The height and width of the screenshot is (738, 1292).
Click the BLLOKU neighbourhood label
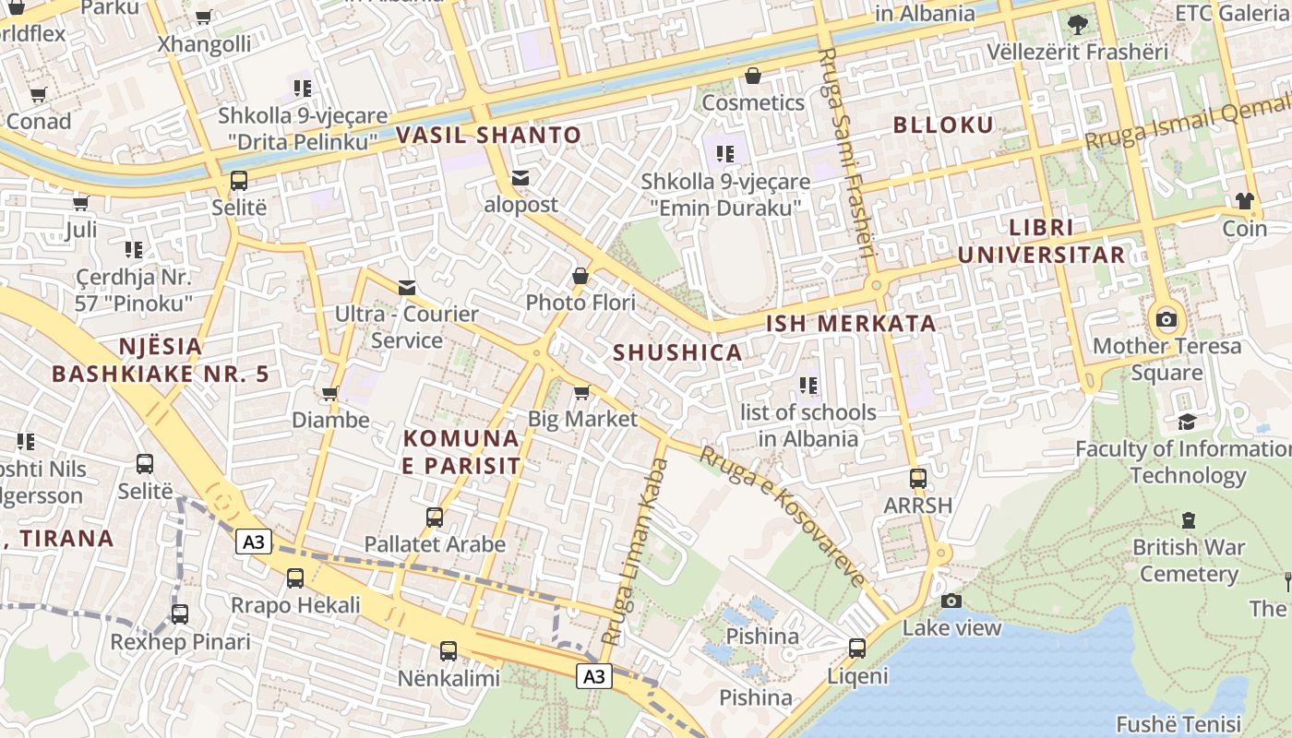pos(943,125)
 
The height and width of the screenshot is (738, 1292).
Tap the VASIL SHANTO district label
pos(489,136)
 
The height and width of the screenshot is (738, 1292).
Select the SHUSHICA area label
pos(677,352)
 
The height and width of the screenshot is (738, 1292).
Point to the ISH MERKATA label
pos(851,324)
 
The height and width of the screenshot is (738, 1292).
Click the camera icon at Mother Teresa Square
pos(1166,320)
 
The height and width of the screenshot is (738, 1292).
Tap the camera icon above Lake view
pos(951,601)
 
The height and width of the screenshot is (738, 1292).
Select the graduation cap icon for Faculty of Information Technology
pos(1187,423)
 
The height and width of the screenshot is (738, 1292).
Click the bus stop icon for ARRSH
pos(917,479)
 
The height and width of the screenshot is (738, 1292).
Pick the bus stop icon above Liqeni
pos(857,649)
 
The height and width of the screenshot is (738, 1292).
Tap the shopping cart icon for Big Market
pos(581,393)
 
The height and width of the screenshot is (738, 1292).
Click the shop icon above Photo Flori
pos(580,276)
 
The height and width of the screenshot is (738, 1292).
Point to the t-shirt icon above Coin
pos(1244,201)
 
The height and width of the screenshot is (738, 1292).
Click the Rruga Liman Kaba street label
pos(635,551)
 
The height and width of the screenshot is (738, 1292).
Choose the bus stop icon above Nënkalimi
pos(449,651)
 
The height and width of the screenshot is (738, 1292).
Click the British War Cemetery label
pos(1189,560)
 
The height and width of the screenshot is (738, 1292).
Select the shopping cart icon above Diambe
pos(329,394)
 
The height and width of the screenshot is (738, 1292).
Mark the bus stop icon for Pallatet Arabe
pos(435,518)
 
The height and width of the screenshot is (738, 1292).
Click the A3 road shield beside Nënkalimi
pos(595,676)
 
